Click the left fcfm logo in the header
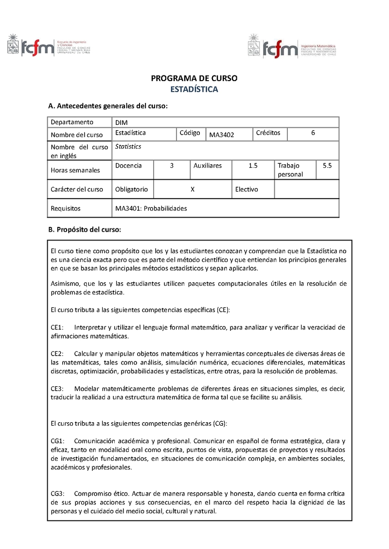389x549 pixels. [49, 45]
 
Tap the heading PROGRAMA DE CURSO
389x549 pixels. [194, 78]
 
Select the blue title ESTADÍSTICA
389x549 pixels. [194, 89]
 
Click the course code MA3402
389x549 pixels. [222, 135]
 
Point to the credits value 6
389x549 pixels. [313, 133]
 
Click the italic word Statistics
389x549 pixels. [128, 146]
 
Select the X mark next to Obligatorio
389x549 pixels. [193, 189]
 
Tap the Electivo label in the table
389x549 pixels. [247, 189]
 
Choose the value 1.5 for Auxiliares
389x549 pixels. [253, 166]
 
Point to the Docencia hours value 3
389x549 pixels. [172, 166]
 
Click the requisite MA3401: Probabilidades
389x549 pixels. [151, 208]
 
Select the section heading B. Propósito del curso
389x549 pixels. [84, 229]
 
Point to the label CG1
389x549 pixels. [58, 441]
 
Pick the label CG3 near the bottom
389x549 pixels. [58, 494]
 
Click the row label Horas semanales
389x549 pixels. [75, 170]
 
